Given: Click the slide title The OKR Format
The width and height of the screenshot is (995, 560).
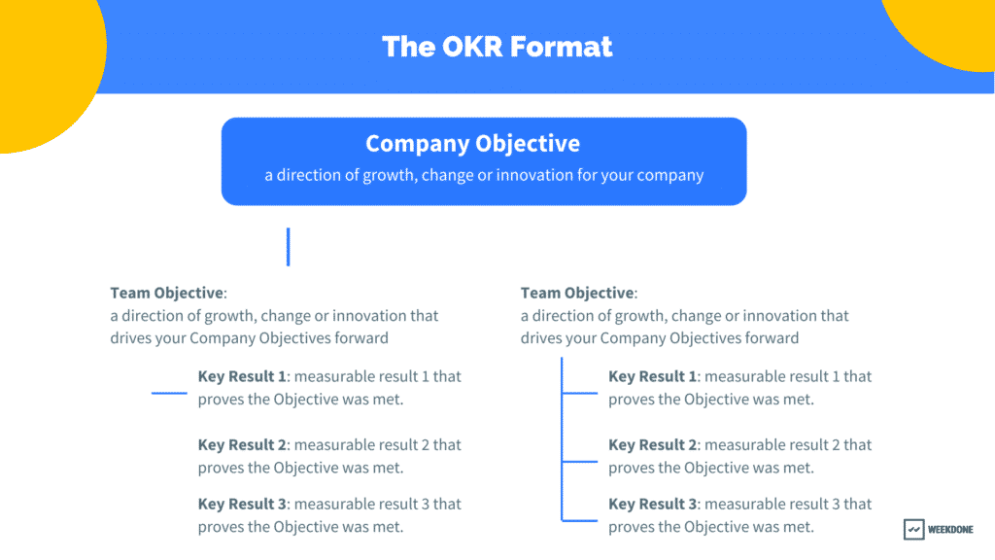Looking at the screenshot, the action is pyautogui.click(x=497, y=47).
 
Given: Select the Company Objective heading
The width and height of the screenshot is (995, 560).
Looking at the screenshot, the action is pyautogui.click(x=473, y=144).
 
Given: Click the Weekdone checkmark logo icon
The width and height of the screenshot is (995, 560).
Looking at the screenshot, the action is pyautogui.click(x=913, y=529).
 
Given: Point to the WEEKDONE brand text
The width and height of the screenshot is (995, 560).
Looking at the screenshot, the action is pyautogui.click(x=950, y=530).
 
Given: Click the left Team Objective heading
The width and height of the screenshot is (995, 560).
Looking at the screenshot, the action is pyautogui.click(x=167, y=294).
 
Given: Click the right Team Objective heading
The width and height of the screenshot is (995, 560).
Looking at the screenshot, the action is pyautogui.click(x=577, y=294).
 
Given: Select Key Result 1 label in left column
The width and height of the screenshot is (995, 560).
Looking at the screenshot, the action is pyautogui.click(x=242, y=376).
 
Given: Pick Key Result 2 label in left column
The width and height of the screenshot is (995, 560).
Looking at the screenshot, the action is pyautogui.click(x=242, y=445).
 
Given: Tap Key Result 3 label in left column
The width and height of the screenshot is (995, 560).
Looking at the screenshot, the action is pyautogui.click(x=242, y=505).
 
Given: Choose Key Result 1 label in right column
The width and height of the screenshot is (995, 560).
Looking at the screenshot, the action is pyautogui.click(x=652, y=376).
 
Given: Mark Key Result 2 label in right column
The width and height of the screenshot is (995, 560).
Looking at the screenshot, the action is pyautogui.click(x=653, y=445).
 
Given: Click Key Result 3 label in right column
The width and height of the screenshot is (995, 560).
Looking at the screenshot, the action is pyautogui.click(x=653, y=505).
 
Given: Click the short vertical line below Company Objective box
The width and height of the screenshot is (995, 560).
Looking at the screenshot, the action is pyautogui.click(x=288, y=247).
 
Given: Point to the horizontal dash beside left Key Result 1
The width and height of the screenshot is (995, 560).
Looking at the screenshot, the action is pyautogui.click(x=169, y=393).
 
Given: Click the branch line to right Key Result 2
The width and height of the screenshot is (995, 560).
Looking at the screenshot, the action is pyautogui.click(x=580, y=462).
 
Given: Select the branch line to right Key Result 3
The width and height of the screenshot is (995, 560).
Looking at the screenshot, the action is pyautogui.click(x=580, y=521).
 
